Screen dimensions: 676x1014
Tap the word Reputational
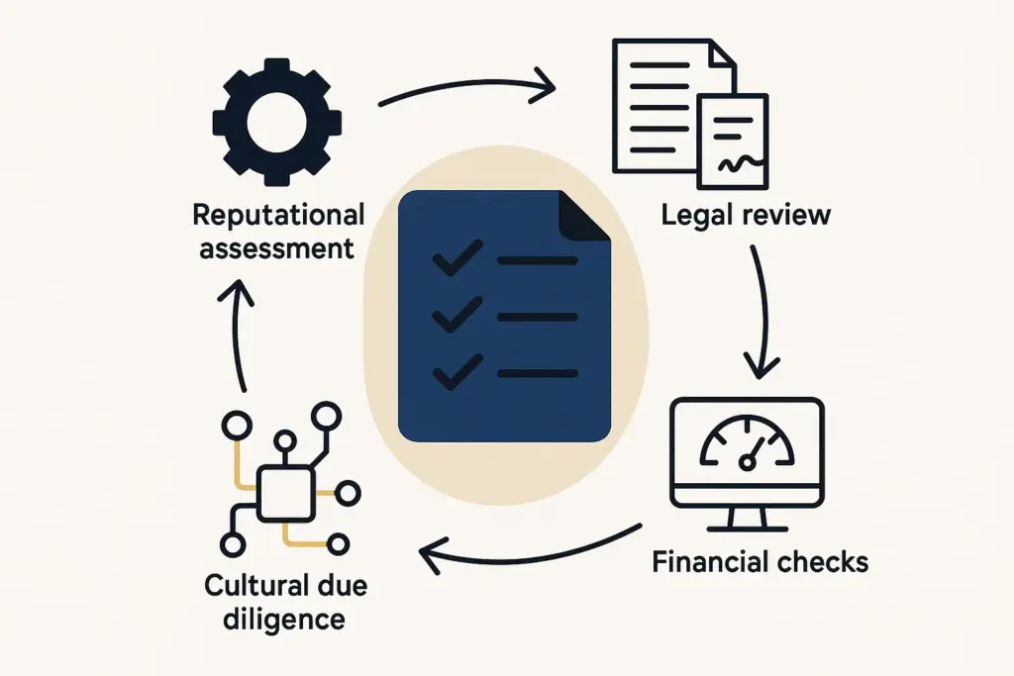point(278,215)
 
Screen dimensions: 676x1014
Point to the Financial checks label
point(760,562)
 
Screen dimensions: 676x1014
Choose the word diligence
point(274,620)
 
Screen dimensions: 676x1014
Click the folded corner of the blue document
point(586,212)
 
